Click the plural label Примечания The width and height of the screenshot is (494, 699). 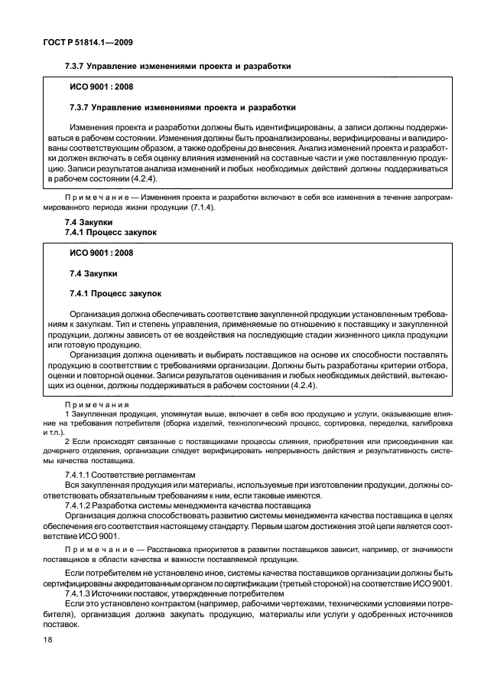pos(97,403)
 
